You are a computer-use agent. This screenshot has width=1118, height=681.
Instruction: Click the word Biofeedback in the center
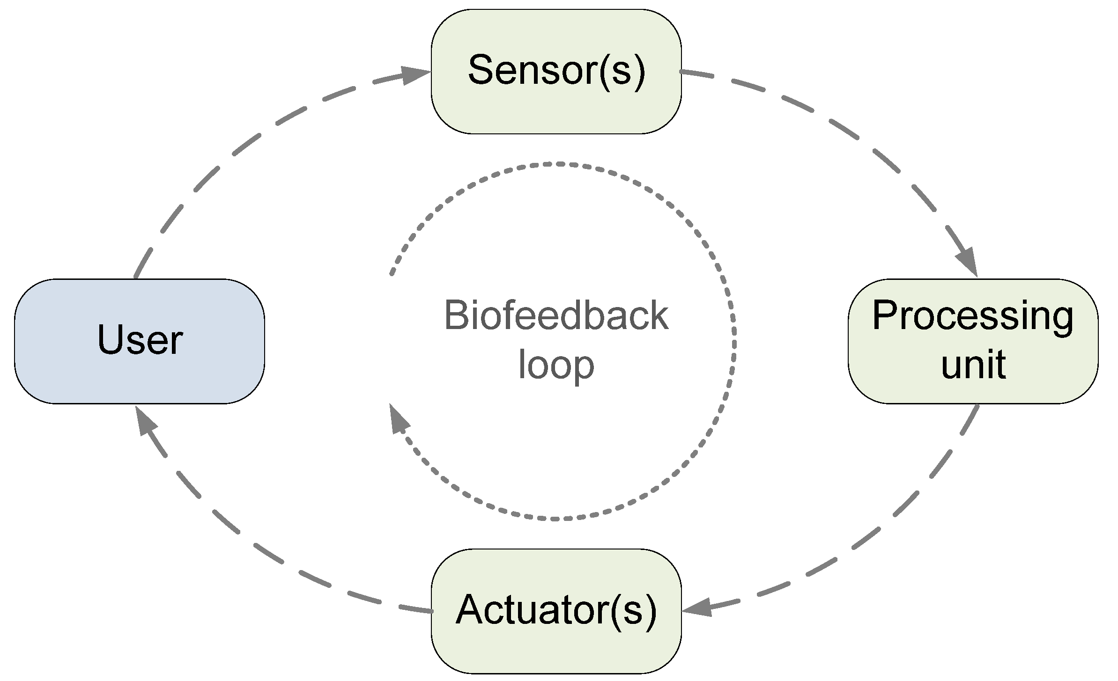pos(556,316)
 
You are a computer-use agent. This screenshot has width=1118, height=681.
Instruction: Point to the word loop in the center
pos(556,366)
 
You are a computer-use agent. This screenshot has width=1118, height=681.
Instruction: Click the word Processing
pos(973,317)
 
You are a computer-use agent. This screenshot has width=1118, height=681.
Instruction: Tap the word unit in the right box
pos(973,365)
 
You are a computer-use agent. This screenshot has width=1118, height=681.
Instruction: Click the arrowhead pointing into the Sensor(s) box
pos(415,75)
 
